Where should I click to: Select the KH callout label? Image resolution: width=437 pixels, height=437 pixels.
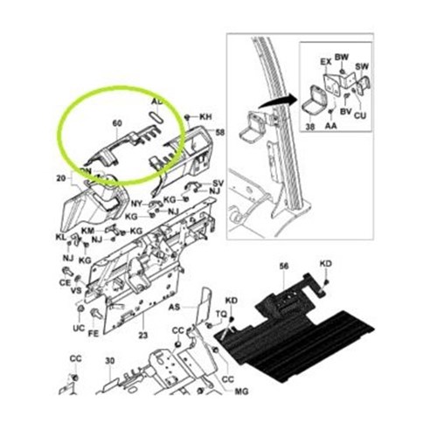point(206,116)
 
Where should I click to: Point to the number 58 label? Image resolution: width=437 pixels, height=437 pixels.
point(220,132)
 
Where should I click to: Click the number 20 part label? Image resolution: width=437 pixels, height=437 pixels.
point(61,178)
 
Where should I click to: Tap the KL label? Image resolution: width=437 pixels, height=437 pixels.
point(61,238)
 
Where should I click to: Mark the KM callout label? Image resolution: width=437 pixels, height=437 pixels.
point(87,230)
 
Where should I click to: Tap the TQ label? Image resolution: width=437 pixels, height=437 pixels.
point(221,313)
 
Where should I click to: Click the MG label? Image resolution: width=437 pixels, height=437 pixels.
point(242,393)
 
